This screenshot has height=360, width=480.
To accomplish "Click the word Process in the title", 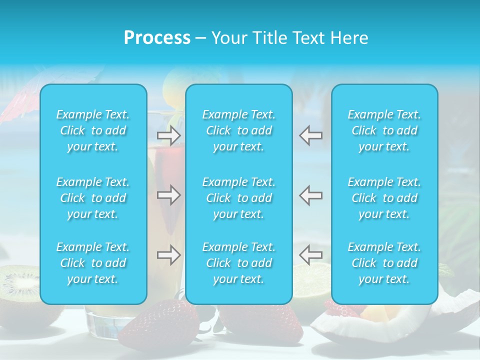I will click(157, 38).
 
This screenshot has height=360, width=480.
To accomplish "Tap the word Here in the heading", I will click(349, 38).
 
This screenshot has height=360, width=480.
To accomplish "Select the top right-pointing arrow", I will click(169, 135).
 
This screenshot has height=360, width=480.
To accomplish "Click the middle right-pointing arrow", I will click(169, 195).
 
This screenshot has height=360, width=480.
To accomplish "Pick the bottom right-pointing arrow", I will click(169, 255).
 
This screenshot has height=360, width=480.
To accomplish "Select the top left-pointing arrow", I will click(310, 135).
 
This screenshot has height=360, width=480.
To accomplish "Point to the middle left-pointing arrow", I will click(310, 195).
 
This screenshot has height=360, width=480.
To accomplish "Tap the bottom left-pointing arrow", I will click(310, 255).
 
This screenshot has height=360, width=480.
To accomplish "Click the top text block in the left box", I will click(93, 130).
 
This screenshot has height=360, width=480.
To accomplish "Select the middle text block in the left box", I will click(93, 198).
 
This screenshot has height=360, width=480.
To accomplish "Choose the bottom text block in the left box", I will click(93, 263).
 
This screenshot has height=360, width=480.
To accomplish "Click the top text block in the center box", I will click(238, 130).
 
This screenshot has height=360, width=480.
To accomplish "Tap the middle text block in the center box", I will click(238, 198).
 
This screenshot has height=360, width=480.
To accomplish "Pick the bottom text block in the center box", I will click(238, 263).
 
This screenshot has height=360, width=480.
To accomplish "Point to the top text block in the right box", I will click(384, 130).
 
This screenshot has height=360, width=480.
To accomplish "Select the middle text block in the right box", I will click(384, 198).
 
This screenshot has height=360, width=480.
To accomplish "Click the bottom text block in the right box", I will click(384, 263).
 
